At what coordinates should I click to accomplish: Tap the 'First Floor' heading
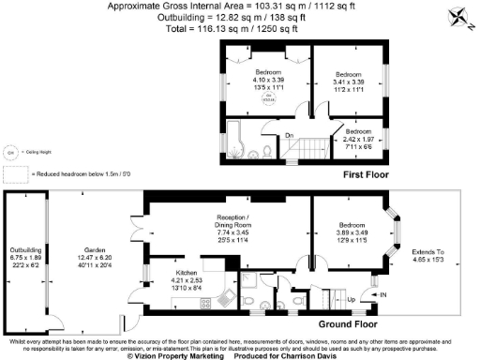tap(368, 174)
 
